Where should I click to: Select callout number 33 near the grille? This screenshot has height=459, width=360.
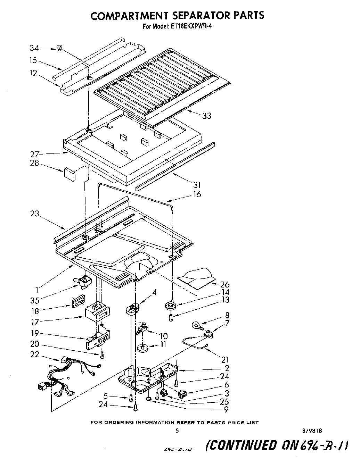click(206, 116)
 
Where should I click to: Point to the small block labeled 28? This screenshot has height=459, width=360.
click(69, 174)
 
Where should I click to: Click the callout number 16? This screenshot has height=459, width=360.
click(197, 194)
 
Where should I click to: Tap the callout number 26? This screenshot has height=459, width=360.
click(225, 285)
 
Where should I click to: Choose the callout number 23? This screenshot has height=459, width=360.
click(35, 214)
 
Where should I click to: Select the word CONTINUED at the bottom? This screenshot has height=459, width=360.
click(242, 445)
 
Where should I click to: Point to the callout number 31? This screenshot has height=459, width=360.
click(197, 185)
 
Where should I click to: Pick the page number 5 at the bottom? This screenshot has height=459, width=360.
click(177, 431)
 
